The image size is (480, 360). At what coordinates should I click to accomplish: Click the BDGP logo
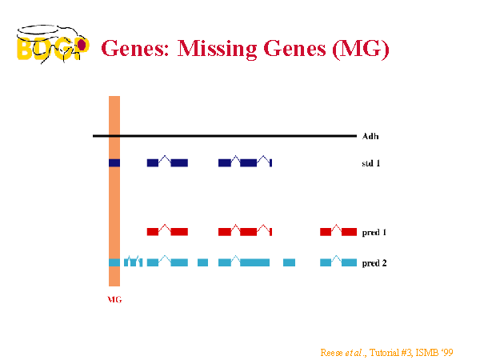point(53,44)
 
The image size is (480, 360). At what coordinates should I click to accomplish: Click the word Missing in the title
point(217,49)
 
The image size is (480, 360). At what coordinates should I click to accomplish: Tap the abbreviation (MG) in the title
point(361,49)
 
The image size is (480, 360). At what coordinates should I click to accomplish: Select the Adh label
point(370,136)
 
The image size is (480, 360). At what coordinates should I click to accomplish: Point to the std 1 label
point(371,163)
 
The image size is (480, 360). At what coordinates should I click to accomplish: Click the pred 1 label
point(374,232)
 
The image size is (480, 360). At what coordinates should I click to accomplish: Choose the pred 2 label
point(374,263)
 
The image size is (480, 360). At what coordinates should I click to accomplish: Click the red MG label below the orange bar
point(114,299)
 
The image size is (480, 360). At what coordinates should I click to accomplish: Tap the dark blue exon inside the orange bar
point(114,163)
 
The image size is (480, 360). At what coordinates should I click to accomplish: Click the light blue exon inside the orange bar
point(114,262)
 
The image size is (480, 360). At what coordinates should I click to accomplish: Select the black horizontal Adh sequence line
point(225,136)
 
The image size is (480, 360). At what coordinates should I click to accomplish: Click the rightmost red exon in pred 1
point(349,232)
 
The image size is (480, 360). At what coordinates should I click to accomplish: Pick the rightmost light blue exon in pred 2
point(349,262)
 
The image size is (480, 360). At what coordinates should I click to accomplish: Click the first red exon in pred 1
point(153,232)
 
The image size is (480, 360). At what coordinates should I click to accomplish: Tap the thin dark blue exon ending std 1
point(270,163)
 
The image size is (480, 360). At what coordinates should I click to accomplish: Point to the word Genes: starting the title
point(135,49)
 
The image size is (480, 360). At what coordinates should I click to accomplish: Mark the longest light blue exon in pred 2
point(254,262)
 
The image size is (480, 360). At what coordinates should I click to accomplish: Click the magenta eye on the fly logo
point(82,45)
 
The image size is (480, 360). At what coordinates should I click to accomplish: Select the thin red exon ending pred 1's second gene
point(270,232)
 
